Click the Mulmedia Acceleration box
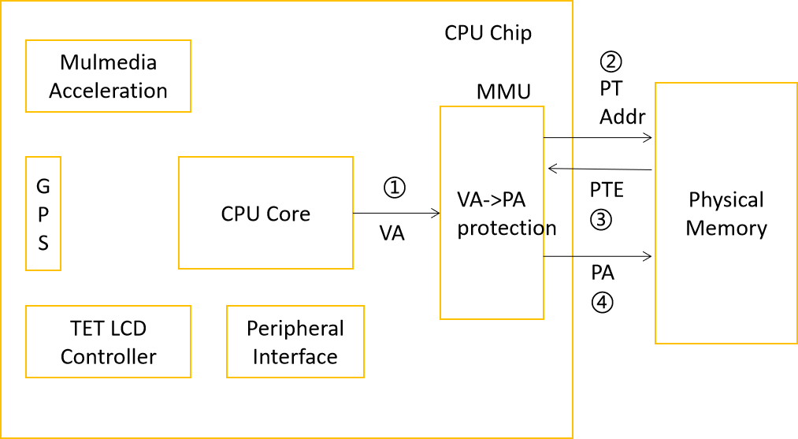[x=108, y=76]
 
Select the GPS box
[x=43, y=214]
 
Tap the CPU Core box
[x=265, y=214]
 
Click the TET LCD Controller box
[x=108, y=342]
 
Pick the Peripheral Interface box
[x=295, y=342]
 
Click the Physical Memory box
[x=726, y=214]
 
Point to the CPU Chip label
[x=488, y=33]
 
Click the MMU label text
[x=503, y=91]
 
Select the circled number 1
[x=394, y=188]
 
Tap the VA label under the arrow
[x=392, y=233]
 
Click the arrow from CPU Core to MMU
[x=396, y=213]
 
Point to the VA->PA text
[x=491, y=199]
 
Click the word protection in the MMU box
[x=507, y=228]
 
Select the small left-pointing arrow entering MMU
[x=559, y=168]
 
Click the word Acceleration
[x=108, y=91]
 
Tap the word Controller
[x=108, y=357]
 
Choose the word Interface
[x=295, y=357]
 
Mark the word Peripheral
[x=295, y=328]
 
